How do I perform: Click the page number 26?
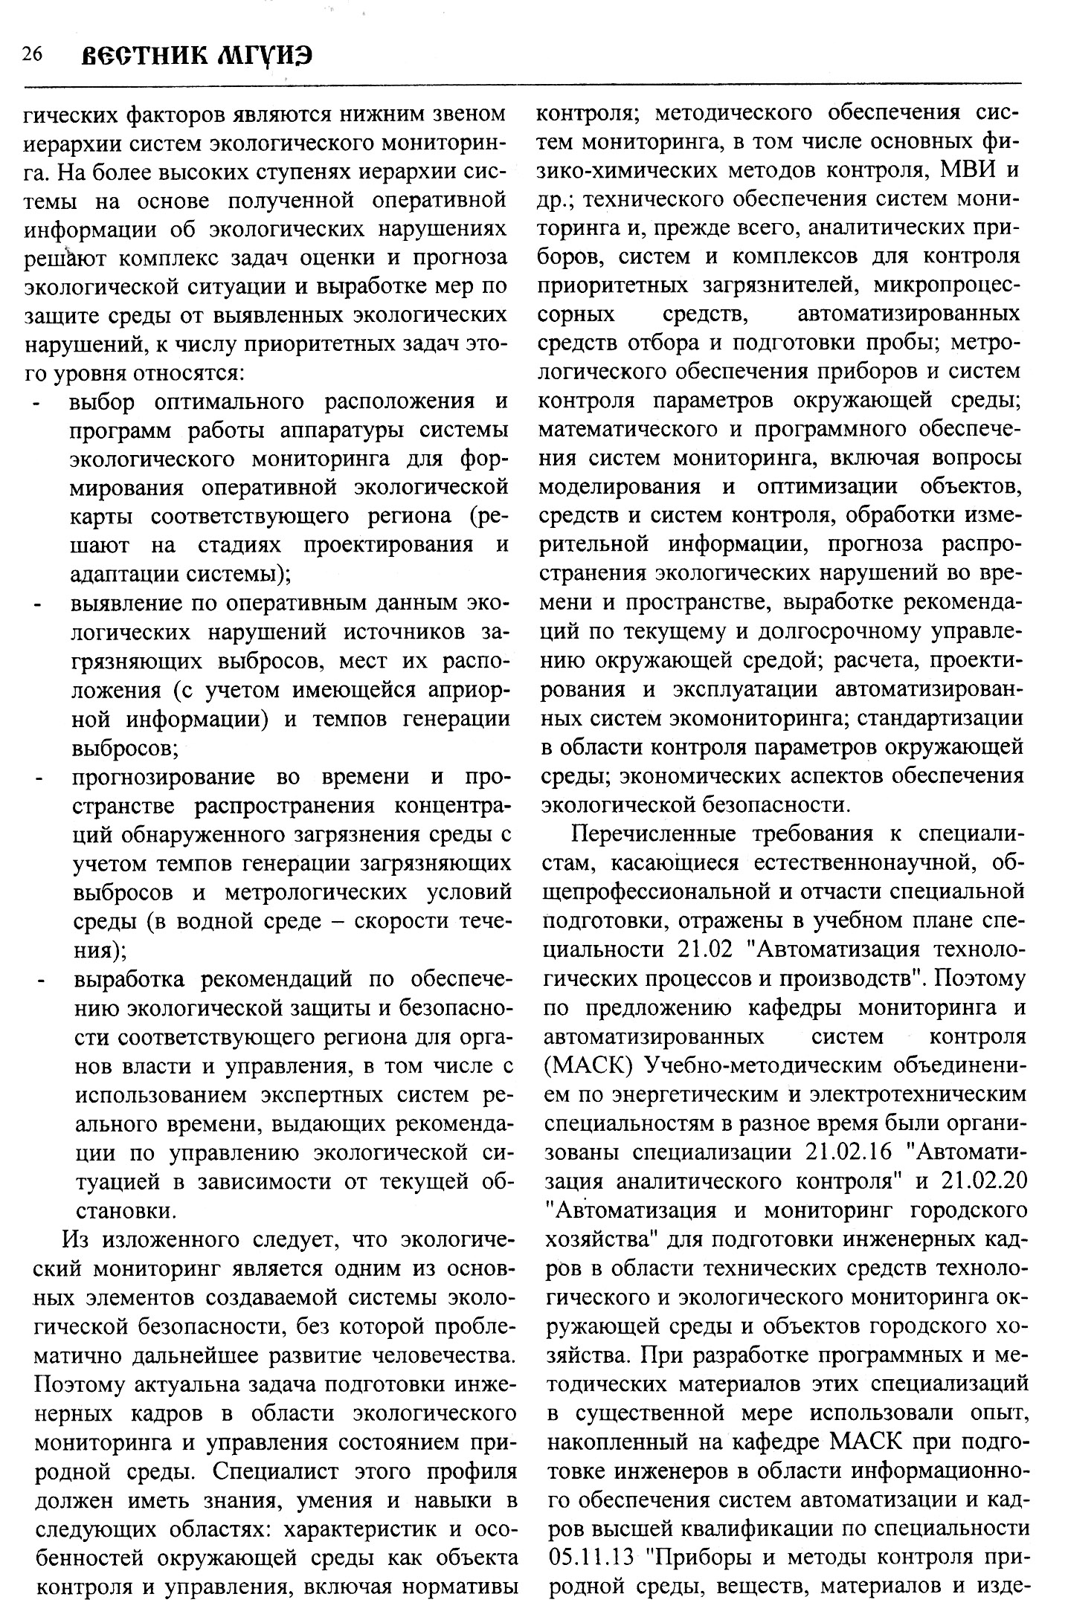pos(32,55)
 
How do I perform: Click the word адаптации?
pos(124,575)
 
